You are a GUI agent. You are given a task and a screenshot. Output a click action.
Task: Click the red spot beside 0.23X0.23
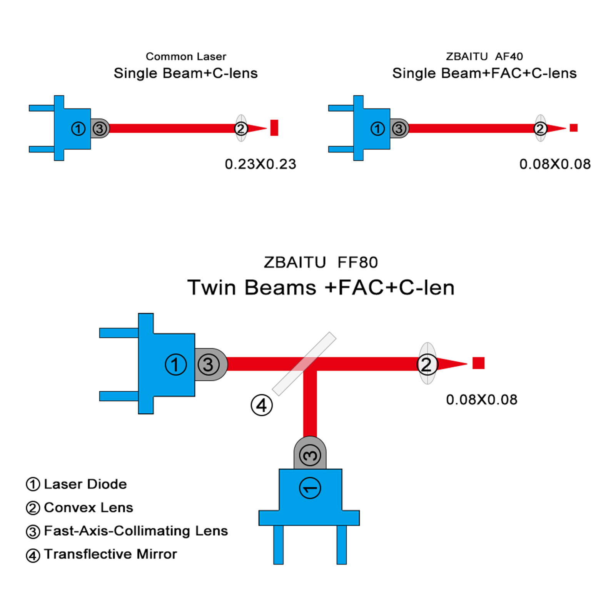[274, 128]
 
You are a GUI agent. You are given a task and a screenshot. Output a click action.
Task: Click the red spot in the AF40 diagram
[573, 128]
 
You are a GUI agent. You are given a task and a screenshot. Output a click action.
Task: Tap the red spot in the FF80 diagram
[478, 363]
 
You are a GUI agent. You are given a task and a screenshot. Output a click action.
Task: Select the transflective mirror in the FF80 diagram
[304, 364]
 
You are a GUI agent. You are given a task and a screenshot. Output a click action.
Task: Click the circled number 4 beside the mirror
[262, 405]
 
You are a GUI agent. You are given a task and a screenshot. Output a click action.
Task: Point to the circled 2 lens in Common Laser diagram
[241, 128]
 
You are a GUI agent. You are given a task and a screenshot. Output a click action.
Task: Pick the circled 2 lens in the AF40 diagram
[540, 128]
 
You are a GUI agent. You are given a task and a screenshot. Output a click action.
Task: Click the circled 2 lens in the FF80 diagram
[427, 364]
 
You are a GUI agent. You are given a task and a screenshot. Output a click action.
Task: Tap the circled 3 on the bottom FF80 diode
[310, 456]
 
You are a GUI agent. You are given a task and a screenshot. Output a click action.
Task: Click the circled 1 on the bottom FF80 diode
[310, 488]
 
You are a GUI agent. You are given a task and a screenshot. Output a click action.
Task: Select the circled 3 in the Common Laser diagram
[100, 129]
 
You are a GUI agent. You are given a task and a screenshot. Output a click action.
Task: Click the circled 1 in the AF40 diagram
[377, 129]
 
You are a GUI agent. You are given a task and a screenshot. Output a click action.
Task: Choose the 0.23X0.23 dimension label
[260, 164]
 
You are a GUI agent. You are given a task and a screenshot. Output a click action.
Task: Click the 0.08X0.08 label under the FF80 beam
[482, 400]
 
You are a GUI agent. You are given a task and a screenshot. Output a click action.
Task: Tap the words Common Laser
[186, 57]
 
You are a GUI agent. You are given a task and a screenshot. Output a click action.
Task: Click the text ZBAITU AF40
[484, 57]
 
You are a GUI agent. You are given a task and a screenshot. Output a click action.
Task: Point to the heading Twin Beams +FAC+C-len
[321, 287]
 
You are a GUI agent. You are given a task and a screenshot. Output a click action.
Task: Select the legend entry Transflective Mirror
[102, 554]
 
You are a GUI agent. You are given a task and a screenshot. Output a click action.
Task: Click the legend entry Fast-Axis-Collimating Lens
[127, 531]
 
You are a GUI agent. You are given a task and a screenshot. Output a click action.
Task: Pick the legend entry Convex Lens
[79, 508]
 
